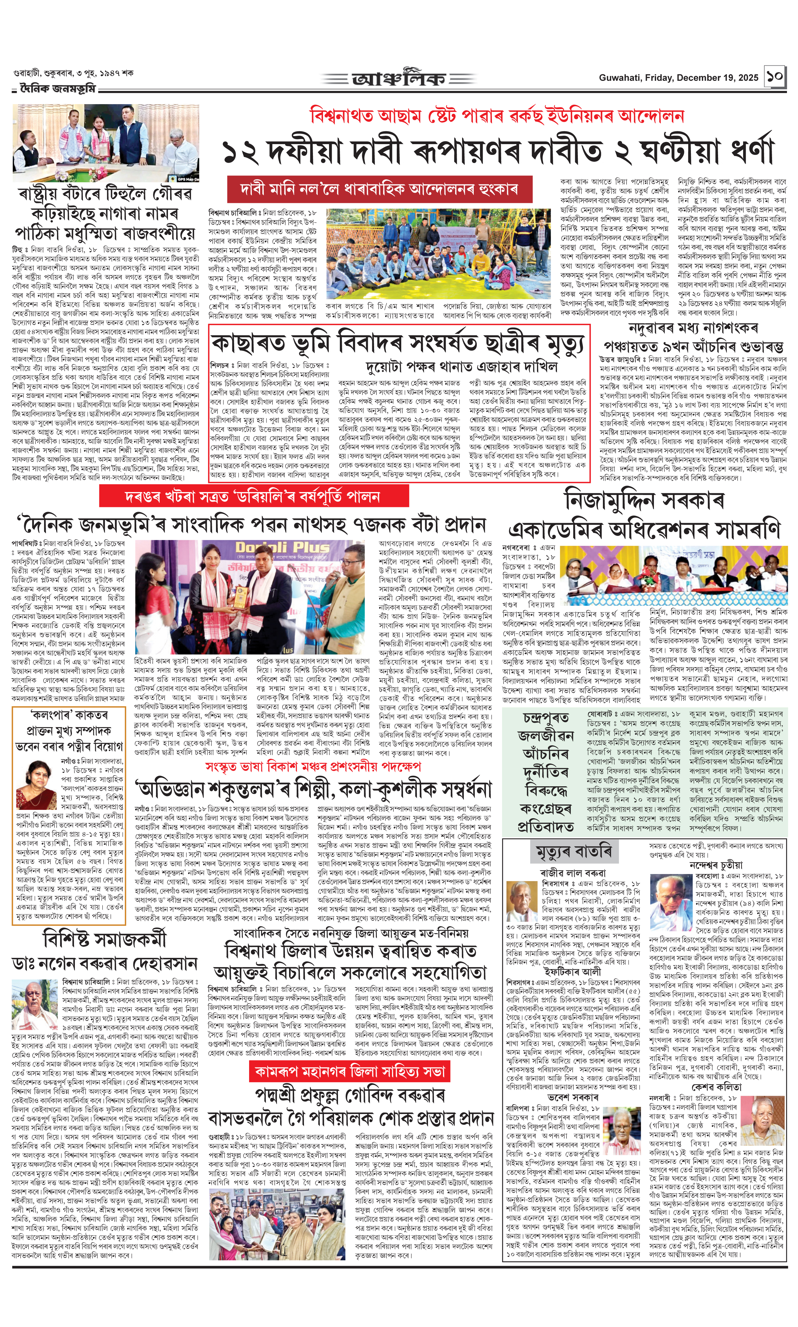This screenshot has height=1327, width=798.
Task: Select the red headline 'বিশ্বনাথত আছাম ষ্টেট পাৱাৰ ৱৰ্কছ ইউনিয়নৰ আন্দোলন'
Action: pyautogui.click(x=497, y=116)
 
